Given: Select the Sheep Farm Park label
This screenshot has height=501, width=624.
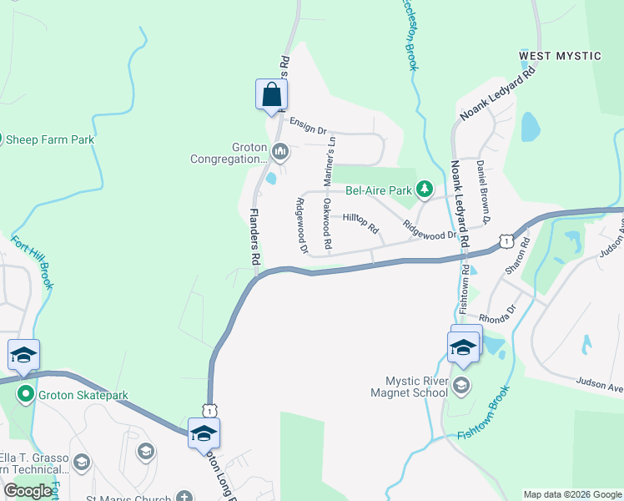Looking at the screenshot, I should pyautogui.click(x=48, y=139).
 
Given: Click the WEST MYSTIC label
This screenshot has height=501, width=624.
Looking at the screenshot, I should pyautogui.click(x=560, y=56).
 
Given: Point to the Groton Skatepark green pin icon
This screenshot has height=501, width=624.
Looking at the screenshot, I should pyautogui.click(x=25, y=395).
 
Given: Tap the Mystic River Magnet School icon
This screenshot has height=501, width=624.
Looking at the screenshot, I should pyautogui.click(x=462, y=386).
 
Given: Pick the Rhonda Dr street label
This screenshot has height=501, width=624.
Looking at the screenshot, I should pyautogui.click(x=498, y=319).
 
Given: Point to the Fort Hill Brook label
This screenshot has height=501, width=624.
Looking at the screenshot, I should pyautogui.click(x=33, y=261).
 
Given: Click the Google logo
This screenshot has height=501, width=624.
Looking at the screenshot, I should pyautogui.click(x=28, y=491).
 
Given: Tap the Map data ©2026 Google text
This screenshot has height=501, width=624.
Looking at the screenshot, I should pyautogui.click(x=571, y=494).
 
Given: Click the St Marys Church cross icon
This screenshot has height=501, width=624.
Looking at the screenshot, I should pyautogui.click(x=183, y=498).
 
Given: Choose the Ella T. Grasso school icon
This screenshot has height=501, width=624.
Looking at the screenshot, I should pyautogui.click(x=81, y=462).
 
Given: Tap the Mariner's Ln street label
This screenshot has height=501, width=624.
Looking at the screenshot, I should pyautogui.click(x=330, y=159).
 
